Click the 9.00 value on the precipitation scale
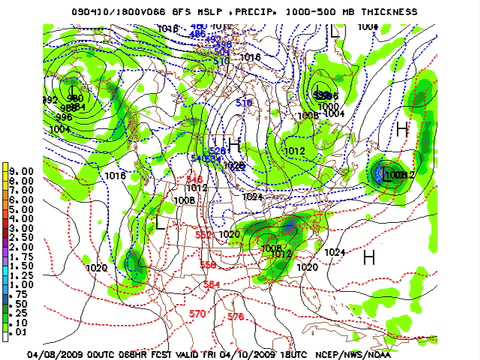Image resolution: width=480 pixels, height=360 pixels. (x=20, y=171)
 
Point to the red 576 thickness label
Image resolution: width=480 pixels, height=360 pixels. (x=235, y=316)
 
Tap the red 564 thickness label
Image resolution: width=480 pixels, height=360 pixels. (x=212, y=285)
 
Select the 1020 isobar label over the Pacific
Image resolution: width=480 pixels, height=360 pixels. (x=97, y=268)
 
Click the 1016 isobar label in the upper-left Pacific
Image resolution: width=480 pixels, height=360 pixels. (x=114, y=176)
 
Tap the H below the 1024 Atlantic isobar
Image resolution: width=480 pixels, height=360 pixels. (x=368, y=257)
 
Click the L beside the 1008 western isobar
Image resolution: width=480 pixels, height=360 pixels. (x=160, y=223)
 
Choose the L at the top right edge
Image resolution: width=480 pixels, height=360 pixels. (x=337, y=31)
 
